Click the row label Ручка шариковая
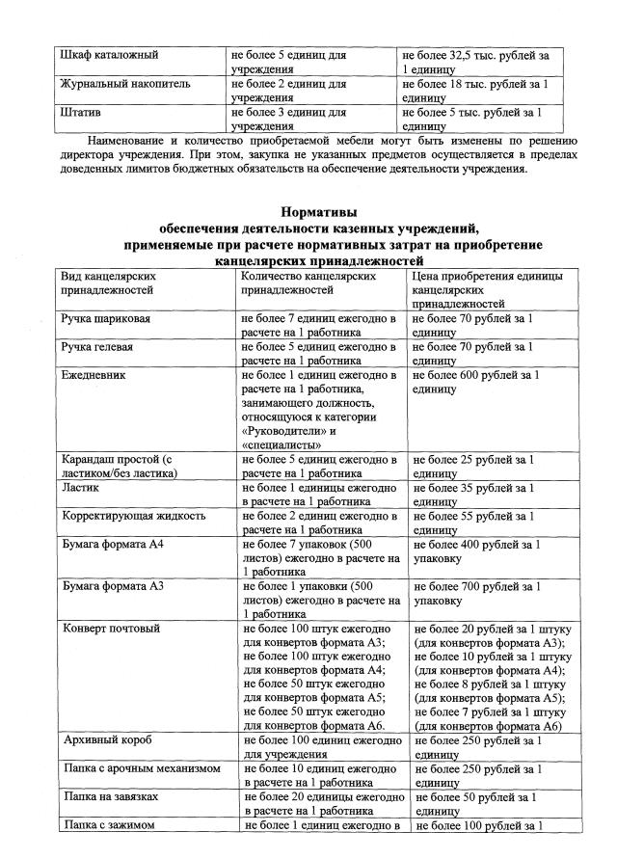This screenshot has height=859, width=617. tap(105, 318)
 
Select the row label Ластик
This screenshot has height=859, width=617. tap(80, 488)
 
